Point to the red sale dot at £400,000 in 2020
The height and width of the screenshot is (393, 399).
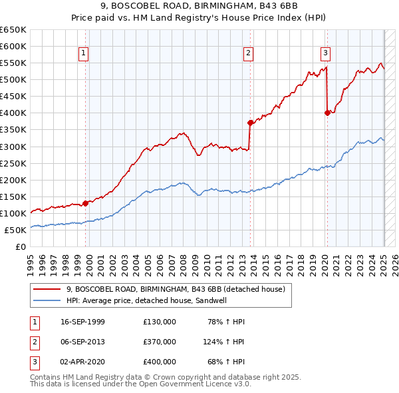(327, 113)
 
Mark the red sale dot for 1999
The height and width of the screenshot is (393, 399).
(86, 203)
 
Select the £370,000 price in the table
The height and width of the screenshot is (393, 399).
(160, 342)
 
